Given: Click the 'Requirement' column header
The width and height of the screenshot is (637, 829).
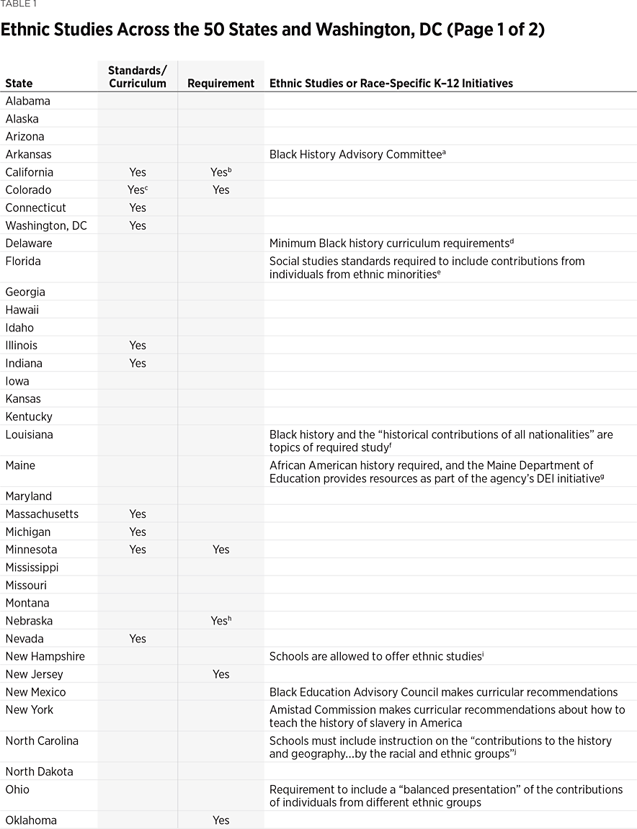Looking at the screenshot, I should [x=220, y=84].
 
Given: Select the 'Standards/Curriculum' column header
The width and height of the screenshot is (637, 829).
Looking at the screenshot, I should [x=137, y=76].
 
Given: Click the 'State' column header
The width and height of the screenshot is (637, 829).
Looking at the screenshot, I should [x=19, y=84].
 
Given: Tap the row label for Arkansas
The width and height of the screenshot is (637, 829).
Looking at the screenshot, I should [x=28, y=154].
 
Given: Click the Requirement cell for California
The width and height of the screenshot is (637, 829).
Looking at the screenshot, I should [x=220, y=172].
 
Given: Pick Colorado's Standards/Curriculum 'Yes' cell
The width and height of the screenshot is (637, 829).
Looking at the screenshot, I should [x=138, y=190].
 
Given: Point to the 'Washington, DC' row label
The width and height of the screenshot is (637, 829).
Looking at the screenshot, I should [x=46, y=225].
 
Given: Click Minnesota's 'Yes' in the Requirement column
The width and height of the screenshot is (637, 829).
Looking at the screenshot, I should [x=220, y=550].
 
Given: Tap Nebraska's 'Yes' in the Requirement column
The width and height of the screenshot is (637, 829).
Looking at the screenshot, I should [x=220, y=621].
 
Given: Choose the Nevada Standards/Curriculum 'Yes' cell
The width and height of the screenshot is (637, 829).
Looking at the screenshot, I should [x=138, y=639].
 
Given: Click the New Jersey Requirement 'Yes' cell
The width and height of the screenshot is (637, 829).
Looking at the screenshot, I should [x=220, y=674].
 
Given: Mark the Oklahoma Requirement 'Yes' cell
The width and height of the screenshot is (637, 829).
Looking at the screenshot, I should [x=220, y=820].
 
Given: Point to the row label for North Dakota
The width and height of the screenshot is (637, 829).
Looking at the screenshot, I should [x=39, y=771].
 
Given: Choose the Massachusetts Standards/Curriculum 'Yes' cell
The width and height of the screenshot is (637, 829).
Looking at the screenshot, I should [x=138, y=514].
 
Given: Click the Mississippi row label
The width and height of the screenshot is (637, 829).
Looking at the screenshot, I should [x=32, y=568].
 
